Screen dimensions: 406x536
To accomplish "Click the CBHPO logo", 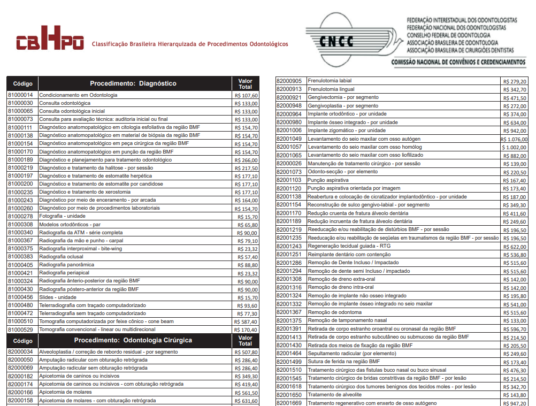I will [x=50, y=42].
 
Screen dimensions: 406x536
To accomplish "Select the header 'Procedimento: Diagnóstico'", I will [x=133, y=83].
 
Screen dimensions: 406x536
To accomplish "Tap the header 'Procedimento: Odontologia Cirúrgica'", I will [x=133, y=340].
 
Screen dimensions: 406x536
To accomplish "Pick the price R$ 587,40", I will [x=246, y=321].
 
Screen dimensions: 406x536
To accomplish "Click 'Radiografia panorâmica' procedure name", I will [x=67, y=265].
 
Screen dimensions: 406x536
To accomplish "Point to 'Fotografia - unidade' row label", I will [x=62, y=216].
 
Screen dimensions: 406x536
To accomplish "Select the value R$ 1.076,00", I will [x=514, y=139].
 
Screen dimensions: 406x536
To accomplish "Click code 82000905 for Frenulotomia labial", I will [x=289, y=81].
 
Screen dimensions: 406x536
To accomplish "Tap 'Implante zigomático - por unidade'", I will [x=347, y=131].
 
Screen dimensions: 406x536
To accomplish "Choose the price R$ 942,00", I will [x=515, y=131].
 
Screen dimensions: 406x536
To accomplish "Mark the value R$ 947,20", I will [x=515, y=403].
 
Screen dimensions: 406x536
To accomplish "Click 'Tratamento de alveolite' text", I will [x=334, y=395].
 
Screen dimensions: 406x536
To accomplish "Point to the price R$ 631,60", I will [x=246, y=401].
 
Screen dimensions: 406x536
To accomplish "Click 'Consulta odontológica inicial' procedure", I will [x=72, y=111].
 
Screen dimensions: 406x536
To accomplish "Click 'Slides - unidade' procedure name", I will [x=58, y=297].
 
